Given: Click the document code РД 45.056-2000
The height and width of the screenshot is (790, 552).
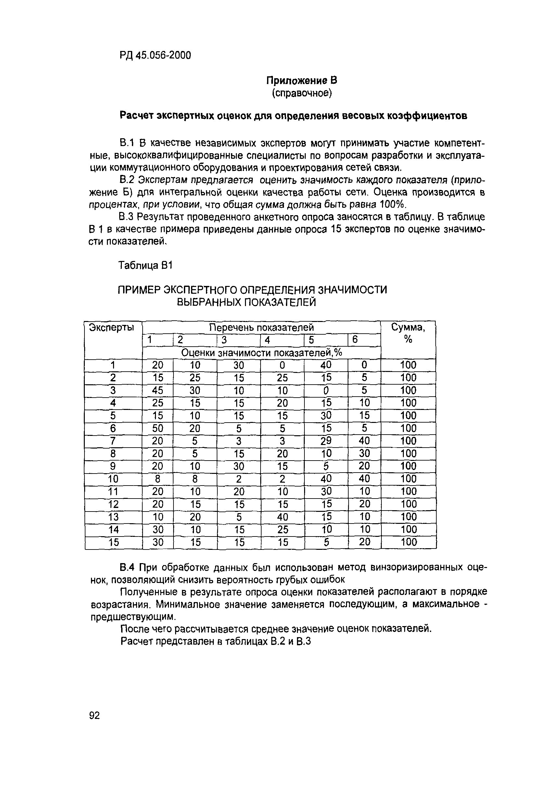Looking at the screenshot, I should (155, 55).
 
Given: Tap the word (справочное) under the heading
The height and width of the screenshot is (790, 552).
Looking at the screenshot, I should (302, 93).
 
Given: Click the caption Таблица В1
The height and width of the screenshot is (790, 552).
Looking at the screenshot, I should (145, 265).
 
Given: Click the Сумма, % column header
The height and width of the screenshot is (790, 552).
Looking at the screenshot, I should (408, 333).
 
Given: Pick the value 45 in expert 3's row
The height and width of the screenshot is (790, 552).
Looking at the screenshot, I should (158, 390).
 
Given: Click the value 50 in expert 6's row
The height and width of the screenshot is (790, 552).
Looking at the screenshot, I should (158, 428).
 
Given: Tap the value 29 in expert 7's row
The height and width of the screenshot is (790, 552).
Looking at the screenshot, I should (326, 440).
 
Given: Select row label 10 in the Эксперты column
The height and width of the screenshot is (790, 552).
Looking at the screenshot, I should (113, 479).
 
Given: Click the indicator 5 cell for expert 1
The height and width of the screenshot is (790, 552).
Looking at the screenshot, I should (326, 365).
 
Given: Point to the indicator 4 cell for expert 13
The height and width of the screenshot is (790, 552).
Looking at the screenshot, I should (282, 517).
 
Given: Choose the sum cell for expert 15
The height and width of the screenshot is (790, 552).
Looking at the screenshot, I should (409, 542).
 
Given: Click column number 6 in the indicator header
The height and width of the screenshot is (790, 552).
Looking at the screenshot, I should (355, 340).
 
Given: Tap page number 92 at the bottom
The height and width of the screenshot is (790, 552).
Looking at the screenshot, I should (94, 716).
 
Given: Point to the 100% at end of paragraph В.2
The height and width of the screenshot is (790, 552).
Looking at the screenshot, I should (392, 205).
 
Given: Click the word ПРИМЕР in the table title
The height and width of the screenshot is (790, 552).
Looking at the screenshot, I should (139, 290).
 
